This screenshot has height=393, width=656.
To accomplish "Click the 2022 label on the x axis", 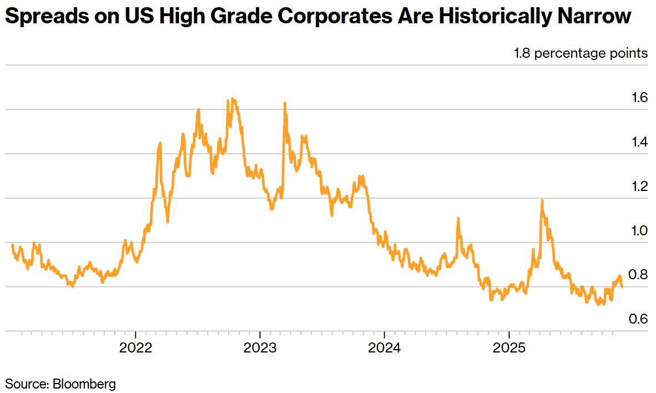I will point(135,350).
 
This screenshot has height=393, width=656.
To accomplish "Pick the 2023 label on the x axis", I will point(260,350).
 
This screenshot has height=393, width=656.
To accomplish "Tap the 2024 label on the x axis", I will point(385,350).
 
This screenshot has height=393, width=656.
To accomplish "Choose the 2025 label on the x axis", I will point(509,350).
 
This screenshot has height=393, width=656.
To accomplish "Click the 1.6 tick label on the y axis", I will point(639,98).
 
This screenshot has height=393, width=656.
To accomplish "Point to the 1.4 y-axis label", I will point(639,142).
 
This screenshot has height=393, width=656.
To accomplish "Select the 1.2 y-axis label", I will point(639,186).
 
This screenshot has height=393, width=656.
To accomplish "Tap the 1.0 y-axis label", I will point(639,230).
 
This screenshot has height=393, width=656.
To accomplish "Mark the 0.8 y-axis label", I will point(639,275).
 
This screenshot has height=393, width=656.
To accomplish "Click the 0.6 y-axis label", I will point(639,319).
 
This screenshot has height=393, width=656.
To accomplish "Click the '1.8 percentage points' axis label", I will point(581,53).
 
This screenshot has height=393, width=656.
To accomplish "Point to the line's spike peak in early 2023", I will point(285,103).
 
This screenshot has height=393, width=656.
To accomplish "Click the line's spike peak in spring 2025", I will point(542,200).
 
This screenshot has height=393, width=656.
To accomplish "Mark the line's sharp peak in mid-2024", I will point(458,218).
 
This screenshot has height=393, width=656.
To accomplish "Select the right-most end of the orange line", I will point(622,286).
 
